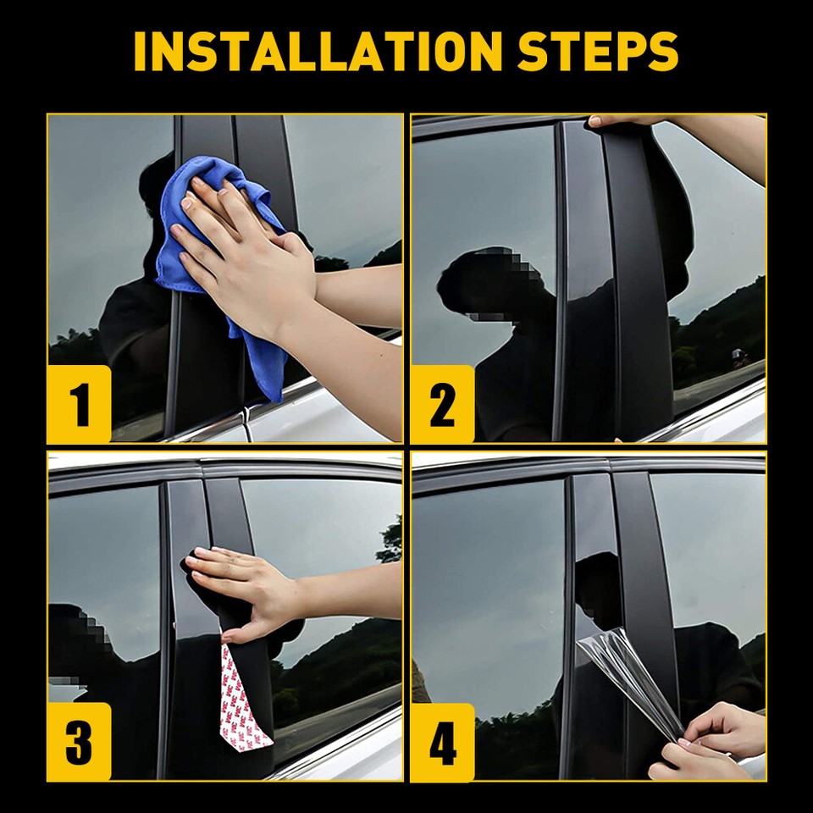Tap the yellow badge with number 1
[x=80, y=405]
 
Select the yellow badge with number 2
[x=442, y=405]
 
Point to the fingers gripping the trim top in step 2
[x=622, y=121]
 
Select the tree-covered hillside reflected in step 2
[x=720, y=330]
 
